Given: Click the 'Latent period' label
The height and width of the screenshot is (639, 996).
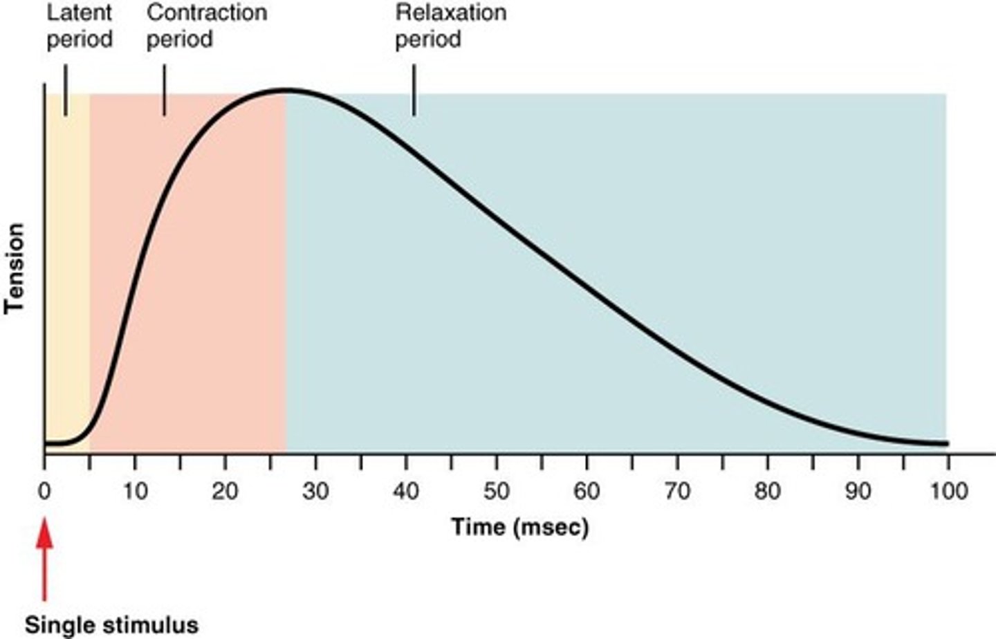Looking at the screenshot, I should [x=79, y=26].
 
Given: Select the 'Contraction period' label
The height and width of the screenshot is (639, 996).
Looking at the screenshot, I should [x=206, y=26].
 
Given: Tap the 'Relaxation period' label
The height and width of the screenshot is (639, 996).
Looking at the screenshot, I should [x=450, y=26].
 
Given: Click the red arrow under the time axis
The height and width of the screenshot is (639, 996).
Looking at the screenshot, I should [x=44, y=560].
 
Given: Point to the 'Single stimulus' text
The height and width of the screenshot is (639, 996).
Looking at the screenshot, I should [x=111, y=625].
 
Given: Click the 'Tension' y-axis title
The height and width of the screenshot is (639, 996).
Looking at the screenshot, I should [x=15, y=268].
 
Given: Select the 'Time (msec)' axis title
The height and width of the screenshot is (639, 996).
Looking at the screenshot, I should [x=520, y=527].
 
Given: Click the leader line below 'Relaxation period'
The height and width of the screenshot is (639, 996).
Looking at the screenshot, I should [x=414, y=90].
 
